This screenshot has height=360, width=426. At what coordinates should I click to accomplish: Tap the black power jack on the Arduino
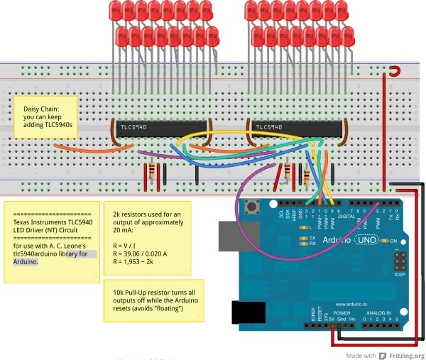pyautogui.click(x=248, y=312)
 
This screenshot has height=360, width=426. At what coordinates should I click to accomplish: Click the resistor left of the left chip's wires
pyautogui.click(x=151, y=173)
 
